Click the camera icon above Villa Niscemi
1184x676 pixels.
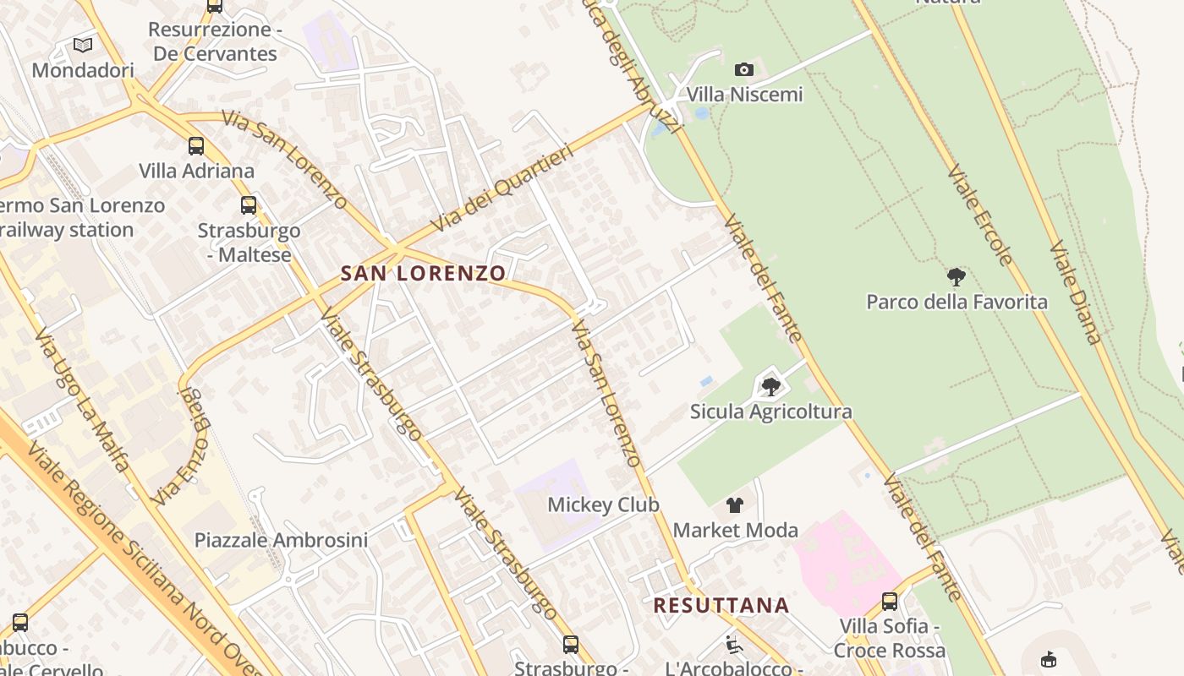pyautogui.click(x=744, y=69)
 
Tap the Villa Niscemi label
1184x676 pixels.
pyautogui.click(x=744, y=94)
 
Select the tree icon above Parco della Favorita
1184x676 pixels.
pyautogui.click(x=957, y=277)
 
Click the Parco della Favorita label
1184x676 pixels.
pyautogui.click(x=957, y=302)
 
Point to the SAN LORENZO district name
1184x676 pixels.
pyautogui.click(x=423, y=273)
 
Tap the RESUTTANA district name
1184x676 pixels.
pyautogui.click(x=721, y=605)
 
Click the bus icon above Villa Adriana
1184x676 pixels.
pyautogui.click(x=196, y=145)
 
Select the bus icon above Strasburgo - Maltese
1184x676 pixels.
pyautogui.click(x=249, y=204)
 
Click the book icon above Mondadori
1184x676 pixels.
pyautogui.click(x=83, y=45)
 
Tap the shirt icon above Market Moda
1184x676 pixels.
pyautogui.click(x=735, y=505)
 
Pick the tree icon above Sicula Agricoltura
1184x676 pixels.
pyautogui.click(x=770, y=387)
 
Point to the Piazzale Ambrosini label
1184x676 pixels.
pyautogui.click(x=281, y=540)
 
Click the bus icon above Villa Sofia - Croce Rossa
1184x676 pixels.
pyautogui.click(x=890, y=601)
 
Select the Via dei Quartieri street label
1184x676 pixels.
pyautogui.click(x=502, y=188)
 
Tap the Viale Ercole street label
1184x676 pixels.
pyautogui.click(x=979, y=215)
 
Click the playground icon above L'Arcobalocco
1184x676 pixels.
pyautogui.click(x=733, y=645)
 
